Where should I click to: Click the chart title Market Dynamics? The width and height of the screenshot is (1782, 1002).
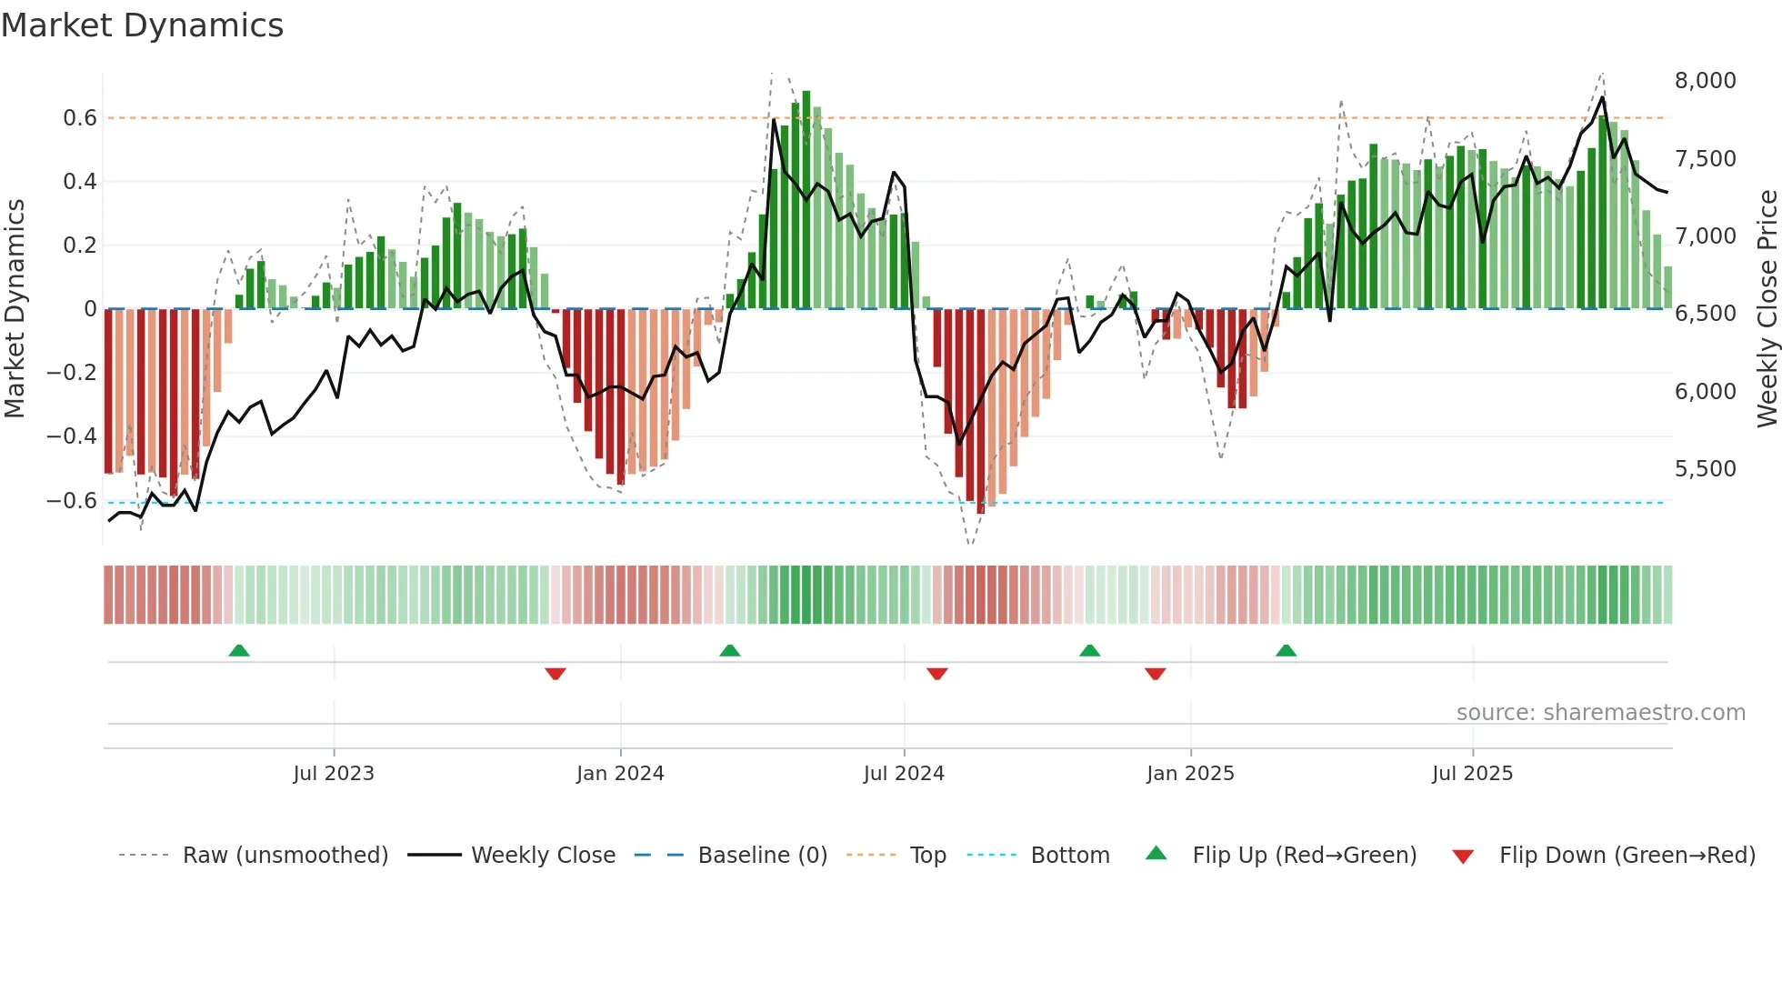[142, 25]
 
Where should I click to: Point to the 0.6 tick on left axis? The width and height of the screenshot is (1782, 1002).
[80, 118]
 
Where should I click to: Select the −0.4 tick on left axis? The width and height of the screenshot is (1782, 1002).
[72, 436]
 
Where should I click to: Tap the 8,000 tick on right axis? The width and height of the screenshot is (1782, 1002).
[1705, 81]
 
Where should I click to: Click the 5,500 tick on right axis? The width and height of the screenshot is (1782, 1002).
[1705, 469]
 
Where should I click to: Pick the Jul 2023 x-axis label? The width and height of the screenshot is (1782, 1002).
[334, 774]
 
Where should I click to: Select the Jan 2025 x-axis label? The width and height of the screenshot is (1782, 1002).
[1190, 774]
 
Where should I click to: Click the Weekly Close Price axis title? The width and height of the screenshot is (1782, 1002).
[1767, 308]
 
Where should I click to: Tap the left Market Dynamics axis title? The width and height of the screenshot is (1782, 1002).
[15, 308]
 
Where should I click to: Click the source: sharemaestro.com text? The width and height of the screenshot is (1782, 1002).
[1600, 713]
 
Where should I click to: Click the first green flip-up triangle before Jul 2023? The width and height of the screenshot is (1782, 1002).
[239, 651]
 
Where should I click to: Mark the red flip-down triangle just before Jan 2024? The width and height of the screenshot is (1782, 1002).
[556, 674]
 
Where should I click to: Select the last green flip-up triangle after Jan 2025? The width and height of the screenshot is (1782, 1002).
[1286, 651]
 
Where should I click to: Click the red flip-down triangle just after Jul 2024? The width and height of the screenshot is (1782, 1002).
[937, 674]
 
